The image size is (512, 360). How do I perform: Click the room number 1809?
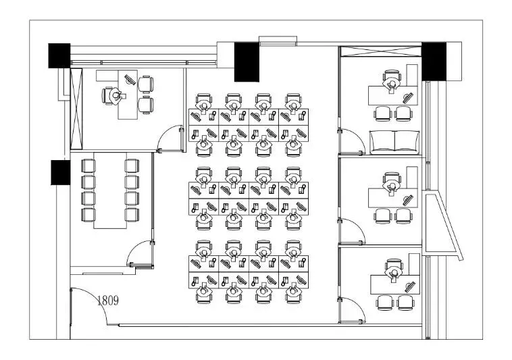click(x=108, y=301)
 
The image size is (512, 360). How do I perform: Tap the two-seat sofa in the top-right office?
click(x=394, y=143)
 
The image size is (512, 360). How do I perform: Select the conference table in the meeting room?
click(x=110, y=190)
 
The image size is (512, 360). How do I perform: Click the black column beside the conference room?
click(x=60, y=172)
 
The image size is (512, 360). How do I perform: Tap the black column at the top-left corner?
click(x=59, y=55)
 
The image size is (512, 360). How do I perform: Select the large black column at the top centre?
click(x=247, y=61)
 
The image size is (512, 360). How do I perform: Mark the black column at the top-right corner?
click(x=434, y=61)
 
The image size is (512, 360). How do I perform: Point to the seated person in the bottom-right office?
click(x=394, y=272)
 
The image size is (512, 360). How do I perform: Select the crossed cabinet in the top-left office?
click(x=76, y=109)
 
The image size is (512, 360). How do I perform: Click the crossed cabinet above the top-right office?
click(x=381, y=51)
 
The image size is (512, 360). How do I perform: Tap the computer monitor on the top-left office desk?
click(x=130, y=79)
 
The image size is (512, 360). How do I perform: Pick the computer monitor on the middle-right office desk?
click(x=407, y=200)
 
